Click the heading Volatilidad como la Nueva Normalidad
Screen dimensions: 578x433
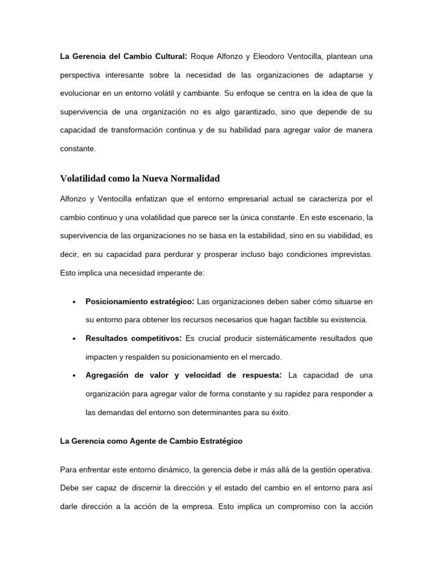pyautogui.click(x=139, y=179)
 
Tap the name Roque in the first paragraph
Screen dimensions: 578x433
pyautogui.click(x=203, y=56)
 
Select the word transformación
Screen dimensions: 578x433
pyautogui.click(x=142, y=131)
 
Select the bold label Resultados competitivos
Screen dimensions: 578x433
pyautogui.click(x=133, y=338)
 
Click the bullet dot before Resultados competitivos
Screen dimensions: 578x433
pyautogui.click(x=74, y=339)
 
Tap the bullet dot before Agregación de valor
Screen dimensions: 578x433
pyautogui.click(x=74, y=376)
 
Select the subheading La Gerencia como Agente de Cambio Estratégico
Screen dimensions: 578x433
pyautogui.click(x=151, y=441)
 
